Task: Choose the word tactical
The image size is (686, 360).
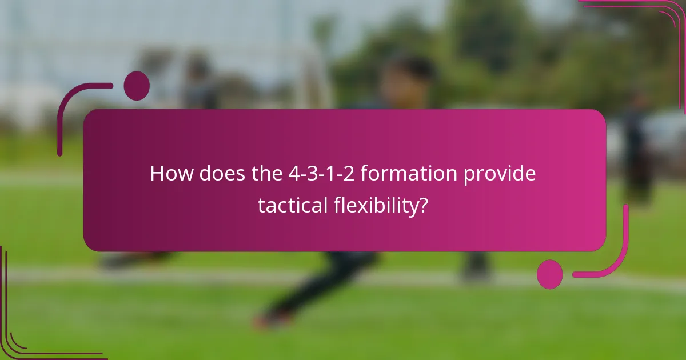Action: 292,205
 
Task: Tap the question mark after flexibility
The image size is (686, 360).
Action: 424,205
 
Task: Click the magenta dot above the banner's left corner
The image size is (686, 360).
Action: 137,86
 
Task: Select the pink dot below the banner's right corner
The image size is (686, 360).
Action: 549,274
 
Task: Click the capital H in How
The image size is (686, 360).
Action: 157,174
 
